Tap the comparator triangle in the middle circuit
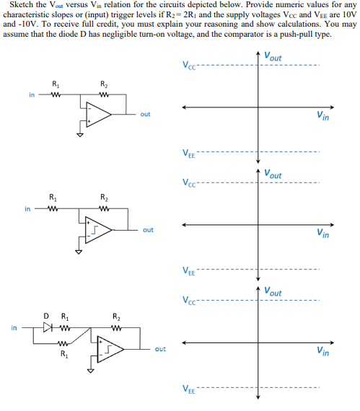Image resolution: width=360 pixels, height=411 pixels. [100, 230]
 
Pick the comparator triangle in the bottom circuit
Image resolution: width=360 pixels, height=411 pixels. [113, 350]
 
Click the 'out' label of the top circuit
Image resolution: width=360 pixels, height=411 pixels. [145, 113]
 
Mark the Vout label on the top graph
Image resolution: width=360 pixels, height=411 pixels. [273, 57]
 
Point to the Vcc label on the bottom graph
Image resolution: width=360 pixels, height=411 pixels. [188, 300]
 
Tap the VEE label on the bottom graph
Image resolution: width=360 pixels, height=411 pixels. [188, 389]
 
